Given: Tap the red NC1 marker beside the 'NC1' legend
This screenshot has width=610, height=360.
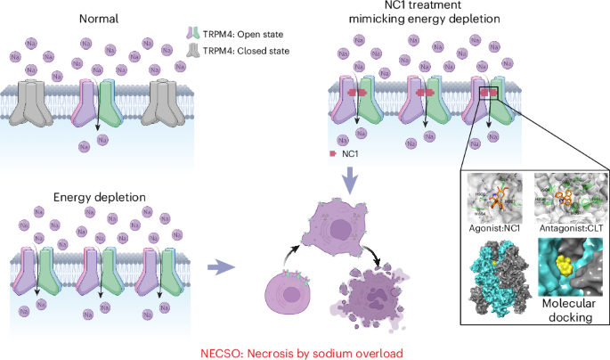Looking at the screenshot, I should [x=334, y=153].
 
